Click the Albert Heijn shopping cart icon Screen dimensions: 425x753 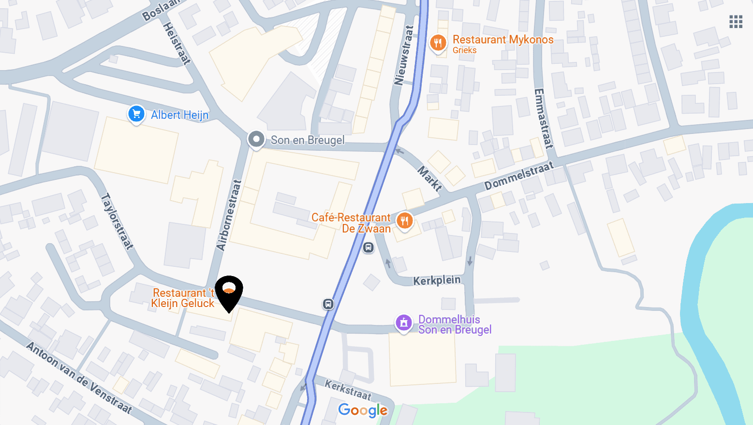pos(136,114)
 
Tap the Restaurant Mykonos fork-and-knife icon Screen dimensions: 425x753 pos(438,43)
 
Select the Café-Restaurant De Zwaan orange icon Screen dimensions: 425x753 pos(405,221)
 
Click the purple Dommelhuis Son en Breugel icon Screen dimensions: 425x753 pos(404,322)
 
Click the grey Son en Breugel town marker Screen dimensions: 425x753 pos(256,140)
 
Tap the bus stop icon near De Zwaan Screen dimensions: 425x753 pos(369,248)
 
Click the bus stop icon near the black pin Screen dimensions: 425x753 pos(328,304)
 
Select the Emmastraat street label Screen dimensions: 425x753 pos(543,118)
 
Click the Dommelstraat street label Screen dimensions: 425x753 pos(518,176)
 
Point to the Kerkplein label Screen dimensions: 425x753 pos(437,280)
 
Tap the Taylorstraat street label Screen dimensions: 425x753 pos(117,221)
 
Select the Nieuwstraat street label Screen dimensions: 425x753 pos(404,55)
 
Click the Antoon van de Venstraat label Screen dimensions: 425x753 pos(79,378)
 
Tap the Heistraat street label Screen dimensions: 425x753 pos(177,44)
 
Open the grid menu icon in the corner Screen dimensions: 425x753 pos(736,22)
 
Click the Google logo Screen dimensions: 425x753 pos(363,410)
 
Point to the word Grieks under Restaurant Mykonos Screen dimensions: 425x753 pos(464,50)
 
